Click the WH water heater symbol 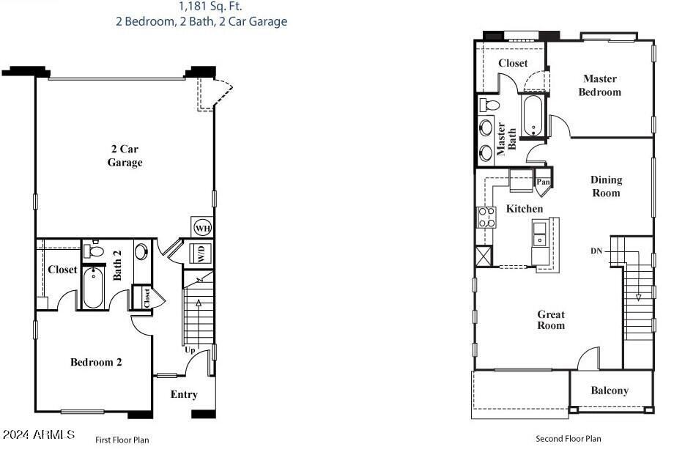pos(202,228)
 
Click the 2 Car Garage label pos(125,155)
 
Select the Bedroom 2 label pos(96,362)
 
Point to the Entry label pos(184,394)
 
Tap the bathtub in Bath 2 pos(94,289)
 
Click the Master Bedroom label pos(599,85)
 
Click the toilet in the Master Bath pos(492,106)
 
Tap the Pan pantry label pos(543,182)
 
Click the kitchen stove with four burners pos(486,216)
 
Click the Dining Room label pos(606,186)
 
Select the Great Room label pos(551,319)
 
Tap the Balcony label pos(610,391)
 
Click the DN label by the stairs pos(597,251)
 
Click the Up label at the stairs pos(189,349)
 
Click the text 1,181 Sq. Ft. pos(201,6)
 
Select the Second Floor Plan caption pos(569,439)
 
